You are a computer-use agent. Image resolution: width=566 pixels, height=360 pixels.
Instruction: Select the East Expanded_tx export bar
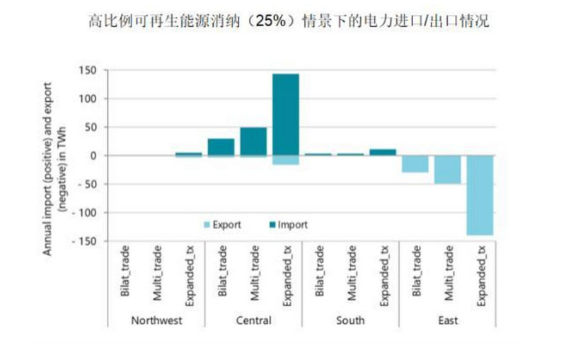tap(479, 195)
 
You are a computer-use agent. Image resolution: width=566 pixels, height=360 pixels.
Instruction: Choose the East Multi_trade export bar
tap(447, 170)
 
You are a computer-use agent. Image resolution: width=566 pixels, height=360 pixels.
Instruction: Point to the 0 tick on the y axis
tap(91, 156)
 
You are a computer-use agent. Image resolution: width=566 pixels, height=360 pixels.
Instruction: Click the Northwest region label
tap(156, 320)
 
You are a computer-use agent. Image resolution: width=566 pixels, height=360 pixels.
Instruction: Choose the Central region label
tap(253, 320)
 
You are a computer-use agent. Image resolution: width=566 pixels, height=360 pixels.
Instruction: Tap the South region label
tap(350, 320)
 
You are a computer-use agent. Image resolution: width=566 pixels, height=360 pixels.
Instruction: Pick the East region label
tap(447, 320)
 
